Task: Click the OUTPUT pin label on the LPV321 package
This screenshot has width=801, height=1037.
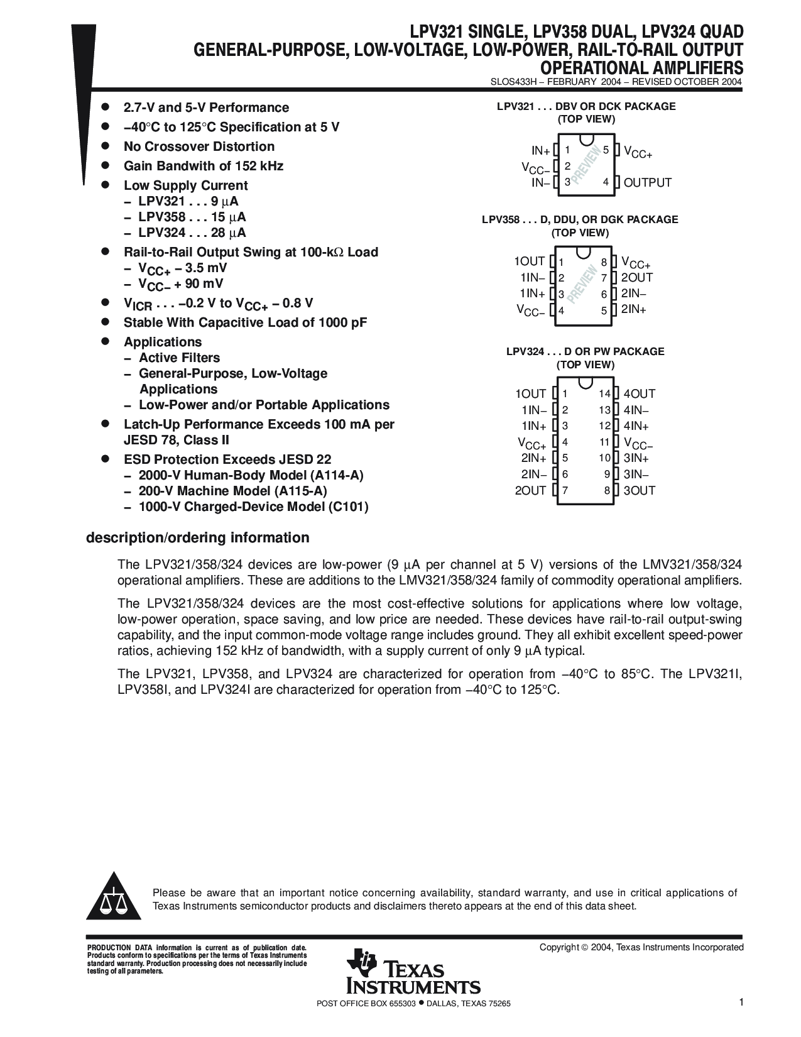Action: pyautogui.click(x=647, y=183)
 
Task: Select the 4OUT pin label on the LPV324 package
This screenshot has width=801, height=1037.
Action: pyautogui.click(x=639, y=394)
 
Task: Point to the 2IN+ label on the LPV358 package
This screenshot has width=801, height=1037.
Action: pyautogui.click(x=633, y=310)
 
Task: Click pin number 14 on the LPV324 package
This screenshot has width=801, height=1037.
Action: pyautogui.click(x=604, y=394)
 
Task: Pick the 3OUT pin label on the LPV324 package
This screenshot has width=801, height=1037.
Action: pyautogui.click(x=639, y=491)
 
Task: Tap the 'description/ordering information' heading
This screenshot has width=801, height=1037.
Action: pyautogui.click(x=197, y=538)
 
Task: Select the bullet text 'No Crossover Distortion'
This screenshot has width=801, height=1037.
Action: pyautogui.click(x=199, y=146)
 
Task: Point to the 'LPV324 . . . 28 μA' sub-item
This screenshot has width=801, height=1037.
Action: pyautogui.click(x=192, y=233)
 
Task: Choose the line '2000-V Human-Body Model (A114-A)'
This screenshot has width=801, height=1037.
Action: pyautogui.click(x=251, y=475)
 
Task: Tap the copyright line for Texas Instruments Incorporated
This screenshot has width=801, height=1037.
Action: pyautogui.click(x=641, y=947)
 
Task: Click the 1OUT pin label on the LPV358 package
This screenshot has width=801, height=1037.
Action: pyautogui.click(x=529, y=261)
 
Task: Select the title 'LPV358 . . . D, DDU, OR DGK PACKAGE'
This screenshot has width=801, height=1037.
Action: pyautogui.click(x=580, y=220)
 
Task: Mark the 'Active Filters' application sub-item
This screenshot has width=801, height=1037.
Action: pyautogui.click(x=179, y=358)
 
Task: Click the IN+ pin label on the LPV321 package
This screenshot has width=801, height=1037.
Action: pyautogui.click(x=540, y=151)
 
